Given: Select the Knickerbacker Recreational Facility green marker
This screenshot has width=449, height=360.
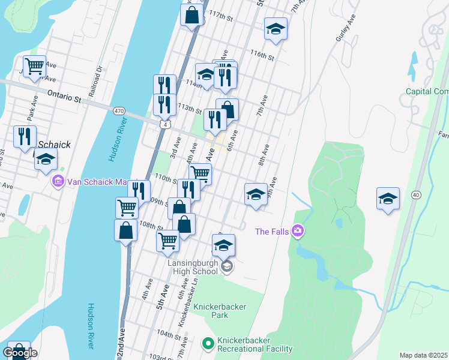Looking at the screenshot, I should (x=208, y=344).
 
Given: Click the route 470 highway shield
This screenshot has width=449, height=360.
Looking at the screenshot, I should (x=119, y=110).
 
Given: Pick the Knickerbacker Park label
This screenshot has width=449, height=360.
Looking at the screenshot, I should (x=220, y=311).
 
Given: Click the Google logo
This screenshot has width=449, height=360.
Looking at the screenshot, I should (x=20, y=353).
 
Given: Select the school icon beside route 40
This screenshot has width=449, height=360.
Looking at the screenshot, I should (x=388, y=199).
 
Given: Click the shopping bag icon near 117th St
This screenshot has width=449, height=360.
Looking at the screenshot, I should (x=191, y=16).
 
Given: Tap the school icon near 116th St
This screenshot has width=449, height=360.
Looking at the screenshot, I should (x=276, y=29).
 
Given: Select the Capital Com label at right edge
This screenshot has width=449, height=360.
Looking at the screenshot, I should (x=427, y=91).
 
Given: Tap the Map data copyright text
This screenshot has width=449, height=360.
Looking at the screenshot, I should (x=424, y=355).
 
